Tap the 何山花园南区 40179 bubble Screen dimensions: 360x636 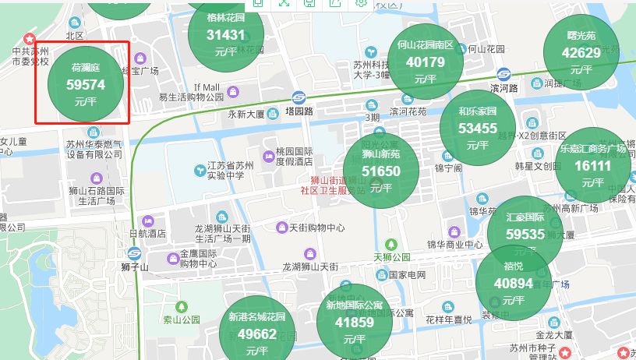pos(425,61)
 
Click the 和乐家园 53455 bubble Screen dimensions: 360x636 pos(477,127)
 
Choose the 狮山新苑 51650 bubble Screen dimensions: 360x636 pos(381,170)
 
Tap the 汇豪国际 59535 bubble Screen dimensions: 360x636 pos(525,232)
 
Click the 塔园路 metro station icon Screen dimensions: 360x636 pos(299,97)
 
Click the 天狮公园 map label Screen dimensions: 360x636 pos(392,257)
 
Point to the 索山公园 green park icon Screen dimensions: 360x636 pos(182,306)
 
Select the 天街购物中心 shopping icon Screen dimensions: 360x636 pos(282,227)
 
